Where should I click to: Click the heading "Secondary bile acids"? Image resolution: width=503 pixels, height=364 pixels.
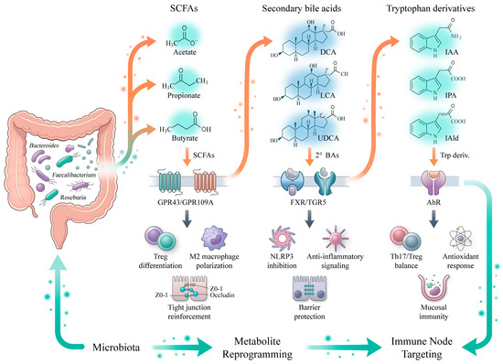pyautogui.click(x=302, y=8)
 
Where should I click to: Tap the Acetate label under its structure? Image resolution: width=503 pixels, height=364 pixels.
pyautogui.click(x=185, y=52)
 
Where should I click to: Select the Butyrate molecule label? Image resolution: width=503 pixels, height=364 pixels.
pyautogui.click(x=185, y=138)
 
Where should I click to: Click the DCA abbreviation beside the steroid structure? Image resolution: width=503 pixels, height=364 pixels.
pyautogui.click(x=328, y=52)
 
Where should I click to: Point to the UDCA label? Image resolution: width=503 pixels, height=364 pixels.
pyautogui.click(x=328, y=138)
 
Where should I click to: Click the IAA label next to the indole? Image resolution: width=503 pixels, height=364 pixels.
pyautogui.click(x=452, y=52)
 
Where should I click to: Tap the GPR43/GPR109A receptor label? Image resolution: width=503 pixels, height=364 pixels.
pyautogui.click(x=186, y=202)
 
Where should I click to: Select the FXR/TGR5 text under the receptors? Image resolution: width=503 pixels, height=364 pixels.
pyautogui.click(x=308, y=202)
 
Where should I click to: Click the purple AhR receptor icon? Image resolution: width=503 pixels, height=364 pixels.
pyautogui.click(x=433, y=183)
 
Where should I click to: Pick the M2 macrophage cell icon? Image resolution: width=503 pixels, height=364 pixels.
pyautogui.click(x=214, y=238)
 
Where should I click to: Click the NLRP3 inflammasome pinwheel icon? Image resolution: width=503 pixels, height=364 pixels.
pyautogui.click(x=283, y=239)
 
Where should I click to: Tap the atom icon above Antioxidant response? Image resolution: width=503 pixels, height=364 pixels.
pyautogui.click(x=461, y=239)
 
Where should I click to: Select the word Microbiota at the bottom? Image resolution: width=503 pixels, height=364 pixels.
pyautogui.click(x=116, y=348)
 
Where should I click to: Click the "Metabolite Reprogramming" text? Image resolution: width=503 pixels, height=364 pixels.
pyautogui.click(x=258, y=348)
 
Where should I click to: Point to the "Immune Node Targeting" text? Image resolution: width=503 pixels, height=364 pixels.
pyautogui.click(x=422, y=348)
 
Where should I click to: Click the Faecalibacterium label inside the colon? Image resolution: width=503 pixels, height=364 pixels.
pyautogui.click(x=74, y=175)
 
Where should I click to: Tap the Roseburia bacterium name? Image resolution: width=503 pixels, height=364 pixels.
pyautogui.click(x=73, y=198)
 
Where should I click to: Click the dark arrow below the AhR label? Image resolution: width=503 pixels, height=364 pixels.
pyautogui.click(x=433, y=219)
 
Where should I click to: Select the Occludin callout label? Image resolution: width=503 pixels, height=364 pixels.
pyautogui.click(x=222, y=295)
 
